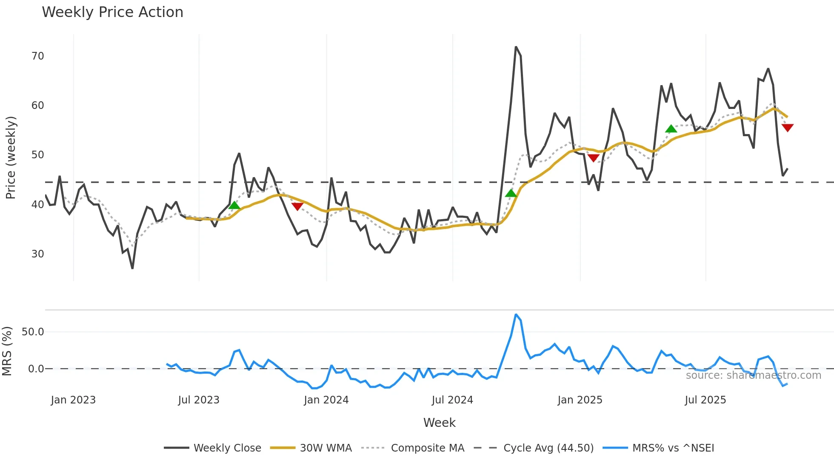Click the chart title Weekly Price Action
click(x=112, y=12)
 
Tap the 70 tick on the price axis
click(x=38, y=56)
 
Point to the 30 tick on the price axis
click(x=38, y=254)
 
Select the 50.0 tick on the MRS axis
click(x=33, y=332)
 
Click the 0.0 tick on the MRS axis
click(x=36, y=369)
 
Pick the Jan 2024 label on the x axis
click(x=326, y=400)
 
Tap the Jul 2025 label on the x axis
click(x=705, y=400)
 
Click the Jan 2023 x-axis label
click(x=73, y=400)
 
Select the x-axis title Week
click(x=439, y=423)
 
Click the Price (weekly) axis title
click(x=11, y=157)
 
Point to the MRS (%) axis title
click(x=7, y=351)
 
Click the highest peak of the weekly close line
click(x=516, y=47)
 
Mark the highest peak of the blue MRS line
click(x=516, y=315)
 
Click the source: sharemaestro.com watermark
click(x=753, y=375)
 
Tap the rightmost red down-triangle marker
click(x=788, y=128)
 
